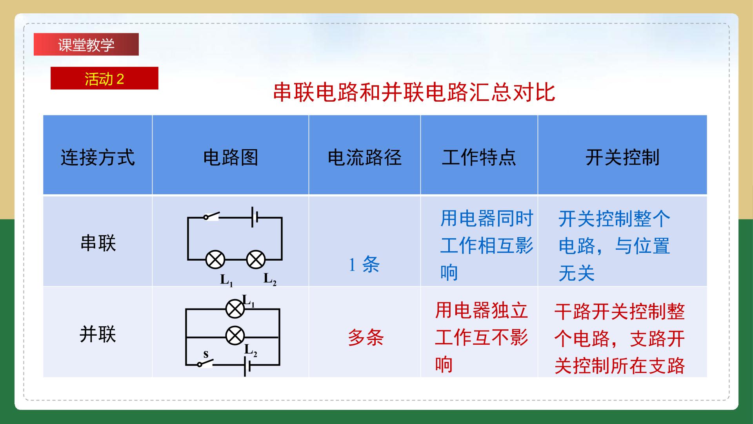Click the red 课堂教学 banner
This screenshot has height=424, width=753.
[x=86, y=44]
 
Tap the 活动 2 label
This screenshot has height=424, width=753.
[x=104, y=79]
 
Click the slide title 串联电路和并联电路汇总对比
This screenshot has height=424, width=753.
[x=414, y=93]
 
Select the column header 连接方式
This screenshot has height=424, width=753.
[x=98, y=158]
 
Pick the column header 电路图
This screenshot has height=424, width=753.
[x=231, y=158]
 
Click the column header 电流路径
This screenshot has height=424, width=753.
[x=365, y=158]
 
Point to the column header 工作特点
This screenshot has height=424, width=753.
[x=479, y=158]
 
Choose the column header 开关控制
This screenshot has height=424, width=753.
[x=622, y=158]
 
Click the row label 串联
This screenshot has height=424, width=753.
[x=98, y=243]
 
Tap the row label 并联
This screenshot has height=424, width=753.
[x=98, y=335]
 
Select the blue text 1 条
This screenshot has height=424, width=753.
[x=364, y=264]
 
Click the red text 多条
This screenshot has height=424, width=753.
[x=366, y=337]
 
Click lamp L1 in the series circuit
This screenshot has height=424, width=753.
[x=215, y=260]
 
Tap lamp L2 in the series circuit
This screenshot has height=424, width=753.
[x=256, y=260]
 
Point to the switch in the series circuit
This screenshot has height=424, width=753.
[x=211, y=216]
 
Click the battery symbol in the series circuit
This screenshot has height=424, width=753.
[x=255, y=217]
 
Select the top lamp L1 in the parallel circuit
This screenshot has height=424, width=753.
[x=235, y=309]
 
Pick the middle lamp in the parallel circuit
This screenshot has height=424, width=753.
[x=235, y=336]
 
